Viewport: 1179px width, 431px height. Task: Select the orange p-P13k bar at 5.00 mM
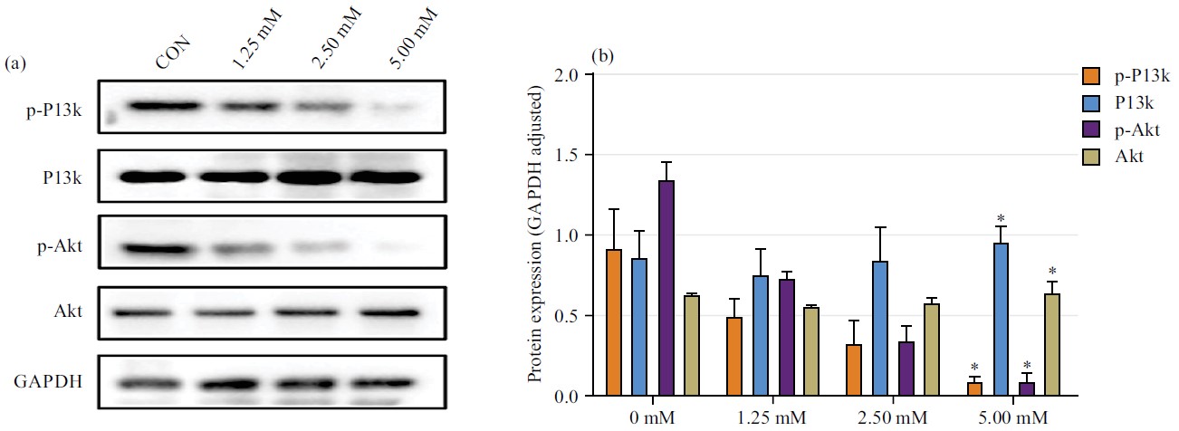tap(973, 389)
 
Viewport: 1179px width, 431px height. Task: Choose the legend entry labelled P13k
tap(1127, 101)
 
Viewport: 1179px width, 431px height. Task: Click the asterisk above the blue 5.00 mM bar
tap(1001, 218)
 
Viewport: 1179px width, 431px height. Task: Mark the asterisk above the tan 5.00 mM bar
tap(1052, 272)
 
